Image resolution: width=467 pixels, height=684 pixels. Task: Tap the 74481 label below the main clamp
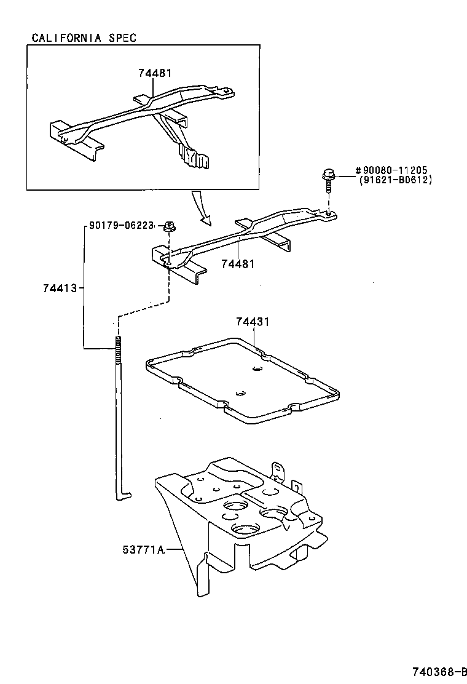[237, 264]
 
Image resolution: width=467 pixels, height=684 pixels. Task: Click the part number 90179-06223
[120, 226]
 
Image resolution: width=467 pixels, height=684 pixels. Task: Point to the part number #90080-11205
[391, 170]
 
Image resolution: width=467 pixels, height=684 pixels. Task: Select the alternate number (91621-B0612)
[396, 180]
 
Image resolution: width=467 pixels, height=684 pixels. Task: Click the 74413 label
[60, 287]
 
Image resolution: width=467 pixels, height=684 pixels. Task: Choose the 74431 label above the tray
[253, 322]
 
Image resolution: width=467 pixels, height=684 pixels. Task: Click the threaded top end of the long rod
[116, 351]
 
